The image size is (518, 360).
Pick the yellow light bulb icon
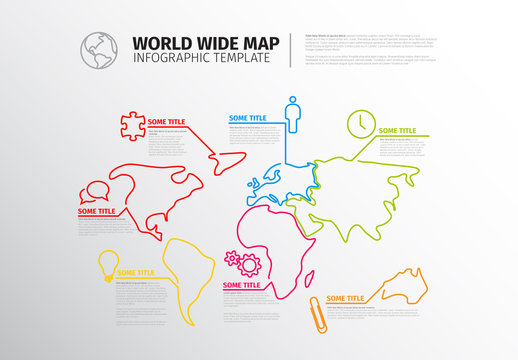[103, 262]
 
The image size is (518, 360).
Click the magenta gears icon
[243, 264]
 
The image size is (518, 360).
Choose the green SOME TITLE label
[395, 130]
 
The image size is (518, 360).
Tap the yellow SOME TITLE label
[135, 271]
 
